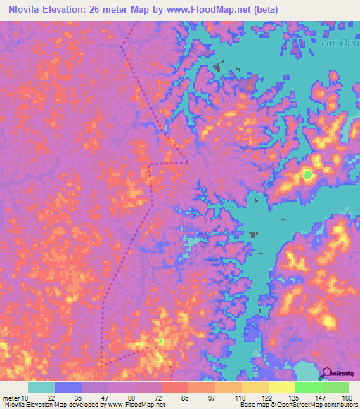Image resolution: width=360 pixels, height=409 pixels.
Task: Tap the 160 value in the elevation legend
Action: [x=347, y=398]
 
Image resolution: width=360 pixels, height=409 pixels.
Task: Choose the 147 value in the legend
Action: [x=321, y=398]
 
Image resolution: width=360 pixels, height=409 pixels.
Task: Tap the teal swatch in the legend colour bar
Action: [x=41, y=387]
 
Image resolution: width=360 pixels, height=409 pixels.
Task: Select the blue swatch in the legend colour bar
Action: [x=68, y=387]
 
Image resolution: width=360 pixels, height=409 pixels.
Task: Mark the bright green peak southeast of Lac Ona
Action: [x=307, y=175]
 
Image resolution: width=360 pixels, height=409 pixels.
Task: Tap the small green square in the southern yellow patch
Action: [x=161, y=341]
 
